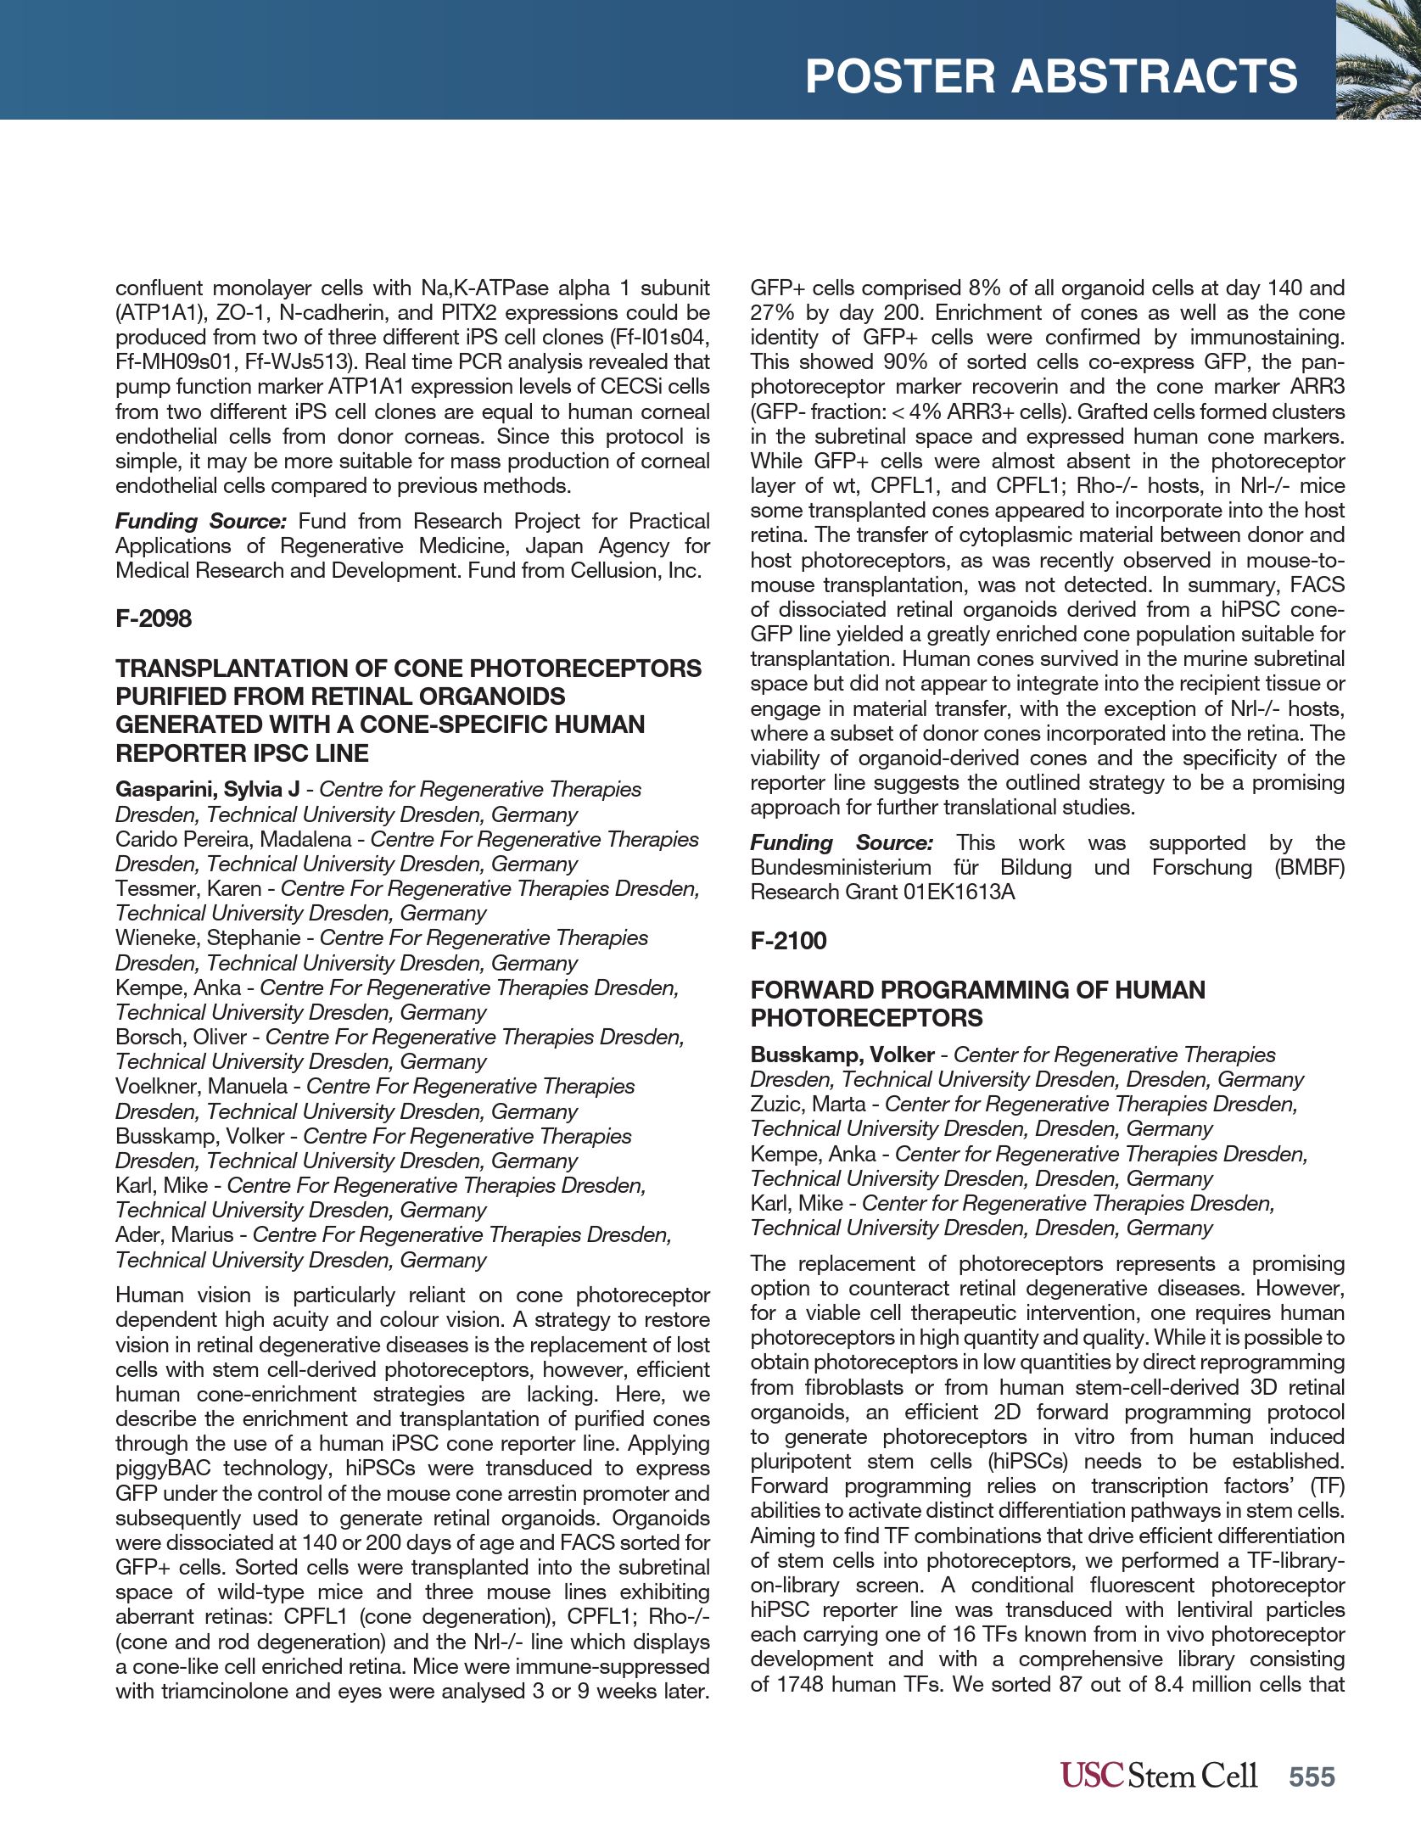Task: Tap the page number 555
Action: (1312, 1776)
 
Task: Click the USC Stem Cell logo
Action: (1158, 1775)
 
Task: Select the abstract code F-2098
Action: (154, 618)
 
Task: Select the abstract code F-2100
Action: (788, 940)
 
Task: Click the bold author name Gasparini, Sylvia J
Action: (207, 789)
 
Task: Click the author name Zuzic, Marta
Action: (808, 1104)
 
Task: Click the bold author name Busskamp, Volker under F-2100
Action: (842, 1055)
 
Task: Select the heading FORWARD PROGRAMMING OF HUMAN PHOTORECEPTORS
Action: (977, 1004)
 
